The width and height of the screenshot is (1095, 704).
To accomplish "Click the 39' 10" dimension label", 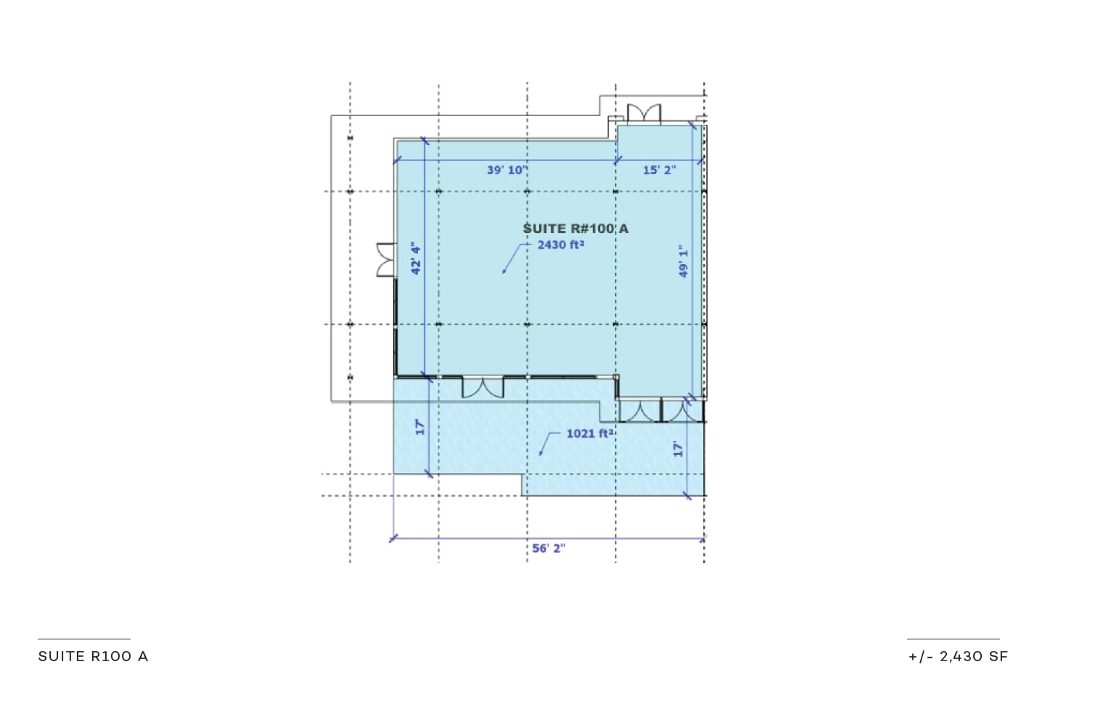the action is (x=507, y=170).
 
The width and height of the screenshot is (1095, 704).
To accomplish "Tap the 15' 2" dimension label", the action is (x=660, y=170).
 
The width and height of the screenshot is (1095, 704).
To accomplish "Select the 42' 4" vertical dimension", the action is (x=416, y=258).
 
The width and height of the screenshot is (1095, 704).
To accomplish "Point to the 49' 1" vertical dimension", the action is (x=684, y=261).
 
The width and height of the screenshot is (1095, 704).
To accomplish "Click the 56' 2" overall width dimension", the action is (x=549, y=549).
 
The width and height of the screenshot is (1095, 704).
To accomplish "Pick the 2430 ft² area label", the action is (x=561, y=245).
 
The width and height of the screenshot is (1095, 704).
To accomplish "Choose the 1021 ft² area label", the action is (x=589, y=433).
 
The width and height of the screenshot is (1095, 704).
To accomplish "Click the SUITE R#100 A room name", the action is (x=575, y=229).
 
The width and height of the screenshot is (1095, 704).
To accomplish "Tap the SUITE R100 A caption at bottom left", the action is (x=93, y=656).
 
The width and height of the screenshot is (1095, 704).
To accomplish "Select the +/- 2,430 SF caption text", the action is (x=958, y=656).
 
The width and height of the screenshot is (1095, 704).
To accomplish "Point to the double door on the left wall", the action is (x=386, y=260).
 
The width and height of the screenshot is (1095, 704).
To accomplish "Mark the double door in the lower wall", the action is (x=483, y=388).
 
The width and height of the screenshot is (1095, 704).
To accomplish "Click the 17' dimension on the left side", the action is (x=420, y=427).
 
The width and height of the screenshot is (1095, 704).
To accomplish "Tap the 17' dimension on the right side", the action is (x=678, y=449).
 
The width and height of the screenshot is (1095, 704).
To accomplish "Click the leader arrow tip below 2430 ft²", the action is (x=504, y=272).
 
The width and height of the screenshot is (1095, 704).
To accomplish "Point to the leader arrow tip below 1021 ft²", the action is (x=540, y=454).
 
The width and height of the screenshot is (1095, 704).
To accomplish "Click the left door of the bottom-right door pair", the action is (x=640, y=411).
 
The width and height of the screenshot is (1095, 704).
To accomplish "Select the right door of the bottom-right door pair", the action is (x=683, y=411).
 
